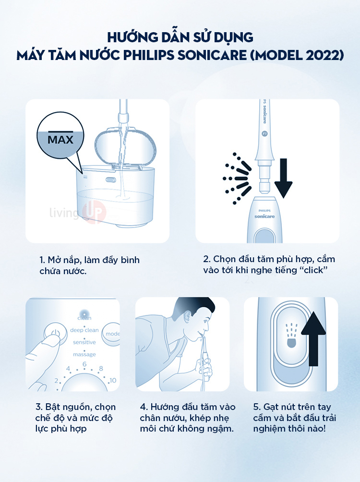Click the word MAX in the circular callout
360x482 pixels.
coord(60,140)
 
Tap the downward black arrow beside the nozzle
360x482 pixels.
coord(283,178)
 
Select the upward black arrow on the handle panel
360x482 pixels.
coord(313,338)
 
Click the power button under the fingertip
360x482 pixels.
coord(55,334)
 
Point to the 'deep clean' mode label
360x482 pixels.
coord(84,330)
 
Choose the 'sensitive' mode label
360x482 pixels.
coord(84,342)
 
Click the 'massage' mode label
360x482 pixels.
coord(84,354)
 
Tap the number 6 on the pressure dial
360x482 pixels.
coord(84,364)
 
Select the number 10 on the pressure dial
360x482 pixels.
coord(113,380)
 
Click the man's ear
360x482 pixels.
coord(187,316)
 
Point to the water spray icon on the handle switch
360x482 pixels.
coord(291,336)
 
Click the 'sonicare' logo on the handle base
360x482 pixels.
coord(264,217)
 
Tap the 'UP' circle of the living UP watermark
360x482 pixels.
coord(94,212)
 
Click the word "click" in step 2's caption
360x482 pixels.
coord(313,270)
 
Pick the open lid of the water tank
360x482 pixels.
coord(125,147)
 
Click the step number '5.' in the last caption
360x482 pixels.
coord(257,407)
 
